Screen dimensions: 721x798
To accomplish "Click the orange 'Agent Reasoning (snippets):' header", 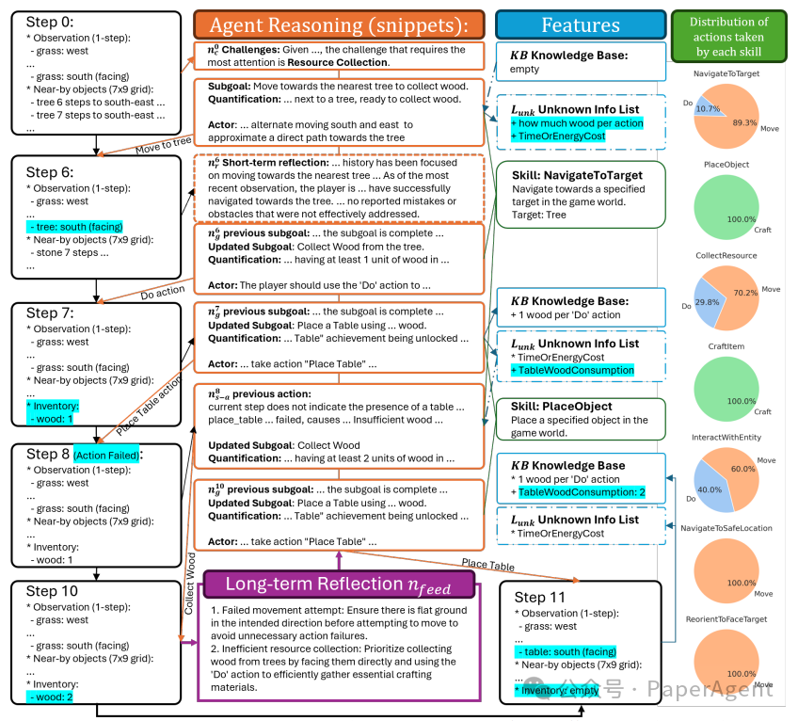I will [338, 24].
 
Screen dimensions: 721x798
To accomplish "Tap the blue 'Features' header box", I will [580, 24].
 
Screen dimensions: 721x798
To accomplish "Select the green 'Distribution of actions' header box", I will [728, 35].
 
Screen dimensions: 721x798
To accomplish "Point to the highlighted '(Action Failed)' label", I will [107, 455].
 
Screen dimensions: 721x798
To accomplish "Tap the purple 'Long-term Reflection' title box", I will [337, 585].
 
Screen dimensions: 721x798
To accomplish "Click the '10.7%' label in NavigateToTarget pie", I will [706, 109].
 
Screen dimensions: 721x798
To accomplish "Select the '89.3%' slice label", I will [745, 122].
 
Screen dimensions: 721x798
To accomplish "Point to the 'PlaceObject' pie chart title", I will [726, 163].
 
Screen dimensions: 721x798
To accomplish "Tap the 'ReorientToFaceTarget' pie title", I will [726, 620].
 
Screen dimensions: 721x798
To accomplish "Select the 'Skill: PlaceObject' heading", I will [563, 407].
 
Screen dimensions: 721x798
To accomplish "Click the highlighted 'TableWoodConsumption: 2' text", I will [582, 492].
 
